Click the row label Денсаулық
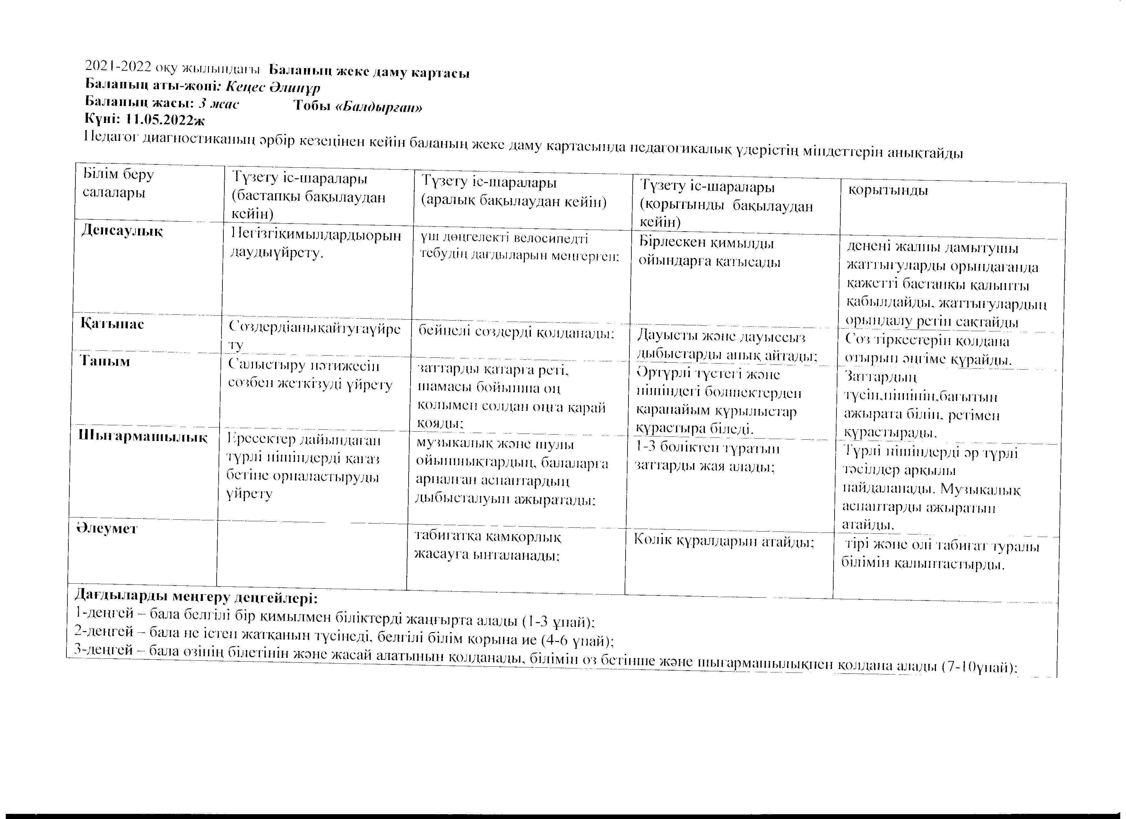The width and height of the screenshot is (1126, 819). (x=122, y=232)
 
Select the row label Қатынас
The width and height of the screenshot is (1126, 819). (x=113, y=324)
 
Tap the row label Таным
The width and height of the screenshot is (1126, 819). (x=105, y=362)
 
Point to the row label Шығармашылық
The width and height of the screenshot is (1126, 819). (x=143, y=437)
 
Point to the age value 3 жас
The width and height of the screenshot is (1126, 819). (x=219, y=104)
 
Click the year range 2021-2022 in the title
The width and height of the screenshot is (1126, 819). (x=119, y=66)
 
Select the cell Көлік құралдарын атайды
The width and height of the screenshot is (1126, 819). (x=724, y=542)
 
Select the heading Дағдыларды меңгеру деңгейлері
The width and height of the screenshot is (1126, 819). (x=196, y=597)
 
